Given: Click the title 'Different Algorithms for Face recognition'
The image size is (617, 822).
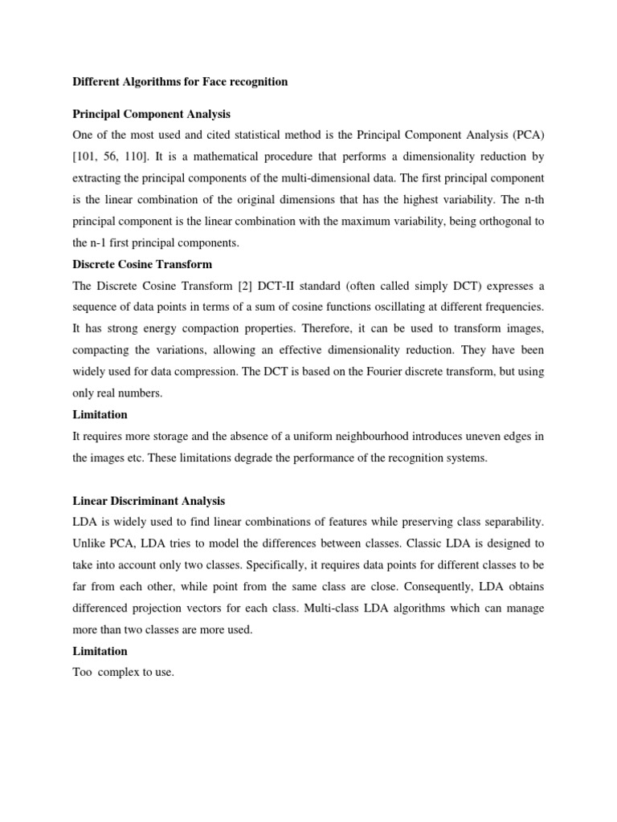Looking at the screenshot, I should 180,82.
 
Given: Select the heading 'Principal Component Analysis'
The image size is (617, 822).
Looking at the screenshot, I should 152,114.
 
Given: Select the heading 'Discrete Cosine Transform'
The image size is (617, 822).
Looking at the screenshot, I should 142,263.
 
